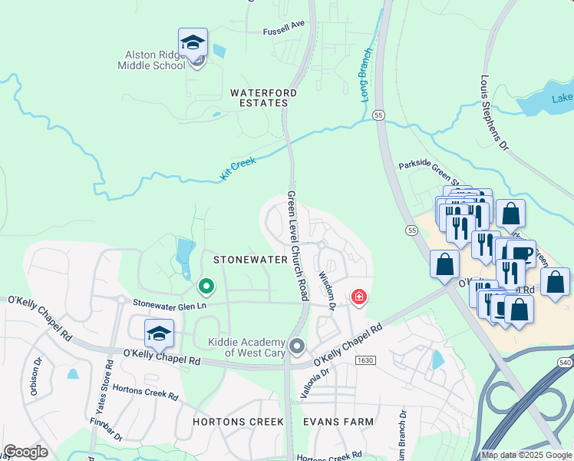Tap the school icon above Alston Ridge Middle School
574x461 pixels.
click(193, 42)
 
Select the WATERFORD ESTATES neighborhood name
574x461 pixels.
click(263, 98)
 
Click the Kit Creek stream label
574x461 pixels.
click(238, 169)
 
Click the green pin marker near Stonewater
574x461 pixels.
click(206, 287)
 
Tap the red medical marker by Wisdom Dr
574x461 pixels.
click(358, 297)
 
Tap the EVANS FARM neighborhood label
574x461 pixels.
click(338, 422)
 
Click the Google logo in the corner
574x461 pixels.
click(25, 452)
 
